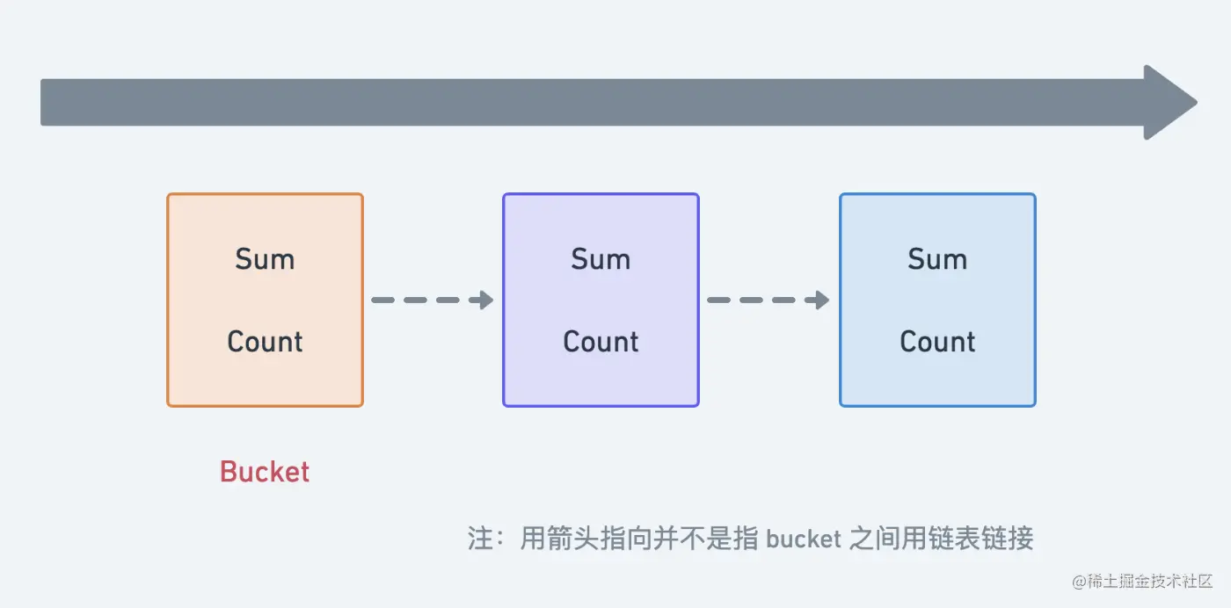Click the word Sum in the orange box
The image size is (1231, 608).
[x=265, y=259]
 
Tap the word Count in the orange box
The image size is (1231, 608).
[x=265, y=341]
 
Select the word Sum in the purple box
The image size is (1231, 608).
[x=601, y=259]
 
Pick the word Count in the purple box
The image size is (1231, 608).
[x=601, y=341]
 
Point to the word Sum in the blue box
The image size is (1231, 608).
[x=937, y=259]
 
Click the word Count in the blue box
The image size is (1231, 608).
[x=937, y=341]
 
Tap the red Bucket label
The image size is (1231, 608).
[x=265, y=472]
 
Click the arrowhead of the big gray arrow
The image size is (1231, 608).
[x=1169, y=102]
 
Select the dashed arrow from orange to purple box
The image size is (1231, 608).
[x=431, y=300]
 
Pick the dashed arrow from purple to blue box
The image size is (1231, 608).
[x=768, y=300]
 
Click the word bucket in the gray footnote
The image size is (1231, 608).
[x=804, y=538]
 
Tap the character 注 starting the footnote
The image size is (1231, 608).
[x=481, y=538]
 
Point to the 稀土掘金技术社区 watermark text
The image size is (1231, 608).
[x=1154, y=583]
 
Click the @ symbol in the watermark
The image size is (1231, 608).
[x=1079, y=583]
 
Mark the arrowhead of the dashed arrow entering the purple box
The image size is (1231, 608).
[x=483, y=300]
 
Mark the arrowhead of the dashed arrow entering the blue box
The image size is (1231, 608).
[x=820, y=300]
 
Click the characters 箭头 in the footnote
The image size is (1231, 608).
[x=572, y=538]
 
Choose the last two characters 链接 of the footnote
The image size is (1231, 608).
[x=1008, y=538]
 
